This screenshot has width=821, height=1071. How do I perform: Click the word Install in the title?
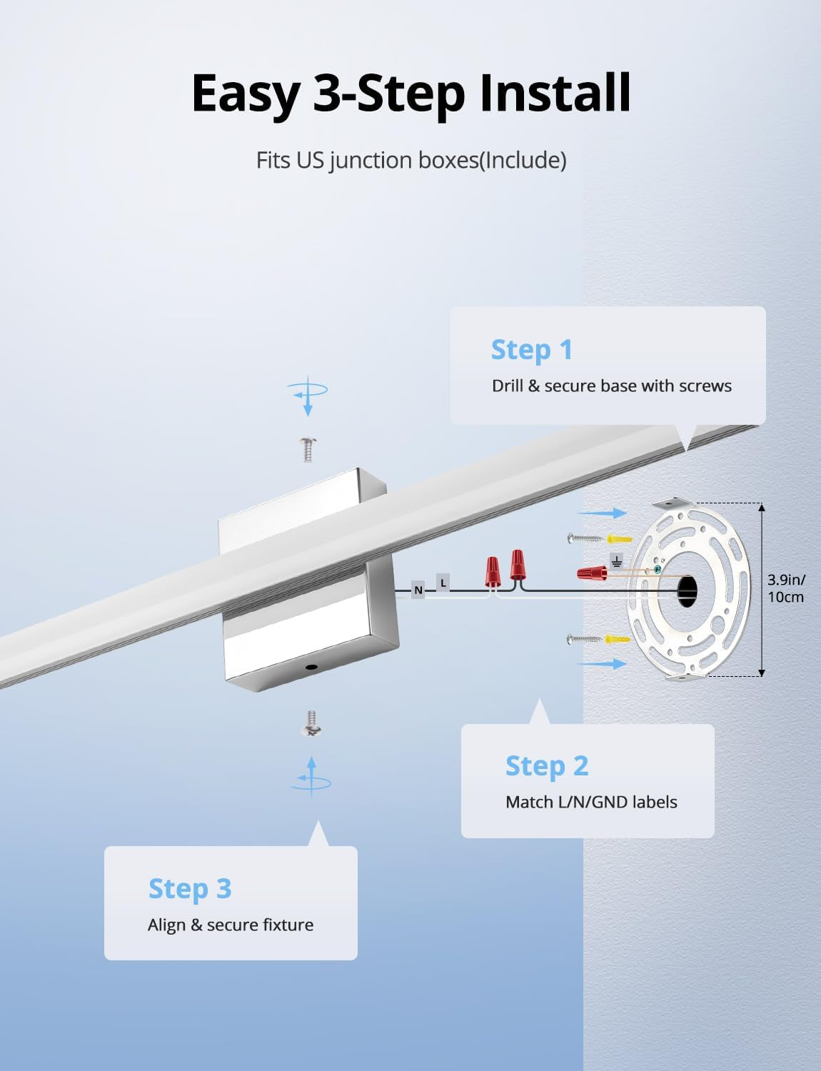[555, 93]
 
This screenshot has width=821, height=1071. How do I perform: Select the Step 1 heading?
[532, 350]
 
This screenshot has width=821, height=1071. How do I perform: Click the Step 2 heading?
[547, 766]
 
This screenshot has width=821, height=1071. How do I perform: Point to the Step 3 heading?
[190, 889]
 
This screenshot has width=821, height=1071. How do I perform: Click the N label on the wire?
[418, 590]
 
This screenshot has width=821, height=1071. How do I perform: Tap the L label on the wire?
[443, 583]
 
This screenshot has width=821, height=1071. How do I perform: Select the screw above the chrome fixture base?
[308, 449]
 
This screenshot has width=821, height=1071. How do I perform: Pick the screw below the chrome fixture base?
[311, 723]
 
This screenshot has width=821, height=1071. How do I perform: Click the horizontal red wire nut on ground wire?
[593, 573]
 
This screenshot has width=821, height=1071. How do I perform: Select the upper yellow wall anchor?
[619, 538]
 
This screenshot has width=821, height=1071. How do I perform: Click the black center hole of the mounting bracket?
[687, 590]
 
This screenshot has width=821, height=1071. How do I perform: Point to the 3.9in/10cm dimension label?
[786, 588]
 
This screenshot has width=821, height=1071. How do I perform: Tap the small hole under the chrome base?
[312, 667]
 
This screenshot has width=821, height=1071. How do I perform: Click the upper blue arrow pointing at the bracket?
[601, 513]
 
